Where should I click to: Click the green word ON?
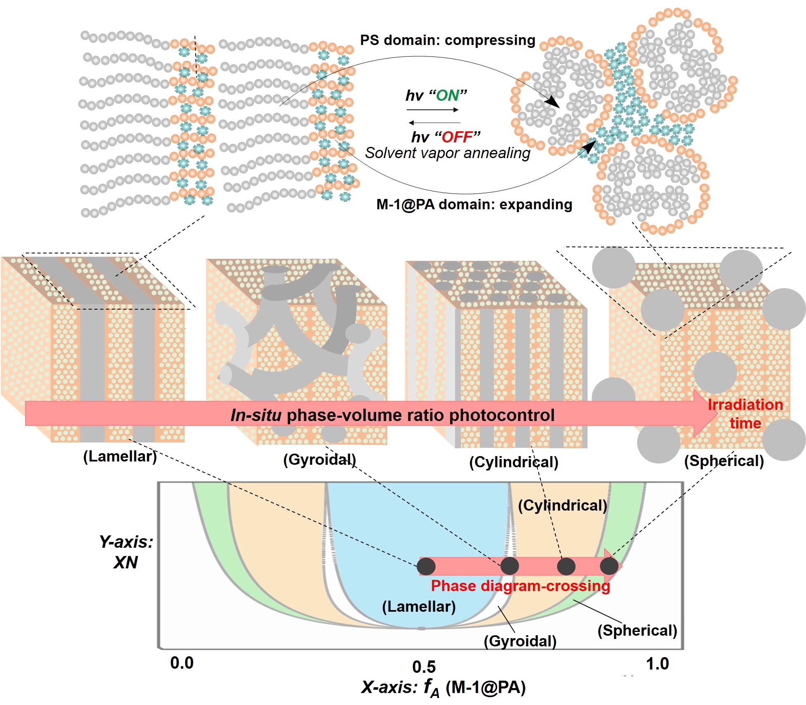448,96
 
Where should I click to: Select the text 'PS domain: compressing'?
448,40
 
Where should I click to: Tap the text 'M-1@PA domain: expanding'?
474,205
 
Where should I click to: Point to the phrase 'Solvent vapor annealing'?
448,153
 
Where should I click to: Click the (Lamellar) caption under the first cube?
120,457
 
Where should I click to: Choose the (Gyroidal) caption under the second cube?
319,459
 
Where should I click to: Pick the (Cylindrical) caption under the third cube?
514,462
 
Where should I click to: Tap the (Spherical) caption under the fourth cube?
724,461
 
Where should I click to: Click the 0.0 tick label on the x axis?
182,663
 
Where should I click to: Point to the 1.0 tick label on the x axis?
657,664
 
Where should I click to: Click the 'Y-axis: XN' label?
126,552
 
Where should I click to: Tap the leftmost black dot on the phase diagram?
427,566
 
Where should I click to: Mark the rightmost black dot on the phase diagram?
609,566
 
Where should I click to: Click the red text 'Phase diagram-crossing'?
520,586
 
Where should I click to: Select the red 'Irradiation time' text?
745,414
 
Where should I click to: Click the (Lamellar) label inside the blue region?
419,607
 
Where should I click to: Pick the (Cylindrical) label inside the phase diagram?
562,506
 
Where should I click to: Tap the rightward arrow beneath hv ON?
433,110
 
